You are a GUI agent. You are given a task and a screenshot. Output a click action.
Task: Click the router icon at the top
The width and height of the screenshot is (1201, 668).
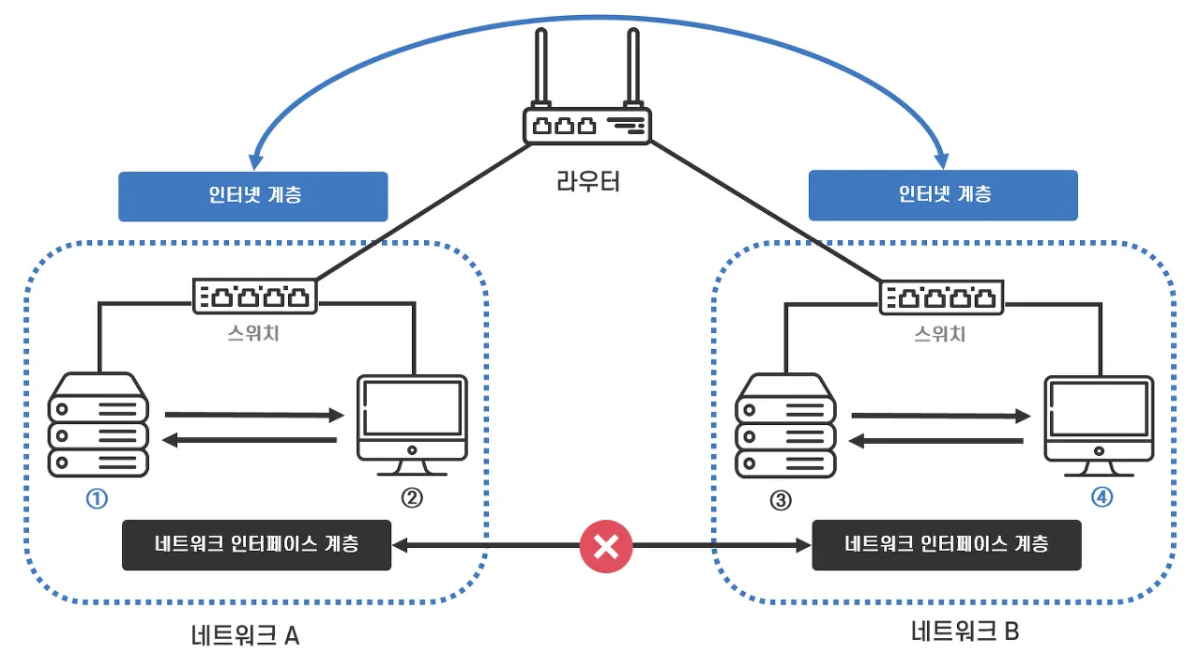coord(587,125)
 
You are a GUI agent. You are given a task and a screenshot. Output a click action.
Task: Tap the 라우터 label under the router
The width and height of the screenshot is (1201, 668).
coord(588,181)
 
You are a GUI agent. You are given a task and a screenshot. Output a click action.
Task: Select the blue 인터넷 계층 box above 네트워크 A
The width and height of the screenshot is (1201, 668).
coord(253,196)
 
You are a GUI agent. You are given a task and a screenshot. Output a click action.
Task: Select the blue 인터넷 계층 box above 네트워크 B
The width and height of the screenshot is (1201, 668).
coord(943,196)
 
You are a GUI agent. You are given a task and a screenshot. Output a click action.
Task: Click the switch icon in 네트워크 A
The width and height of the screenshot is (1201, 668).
coord(255,296)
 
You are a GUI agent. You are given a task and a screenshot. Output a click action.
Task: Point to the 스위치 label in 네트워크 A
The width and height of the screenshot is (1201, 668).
coord(253,333)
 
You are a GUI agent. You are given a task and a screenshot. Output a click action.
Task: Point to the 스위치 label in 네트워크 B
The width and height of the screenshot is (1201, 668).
coord(940,333)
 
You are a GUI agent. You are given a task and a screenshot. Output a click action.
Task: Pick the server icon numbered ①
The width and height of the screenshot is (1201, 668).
coord(99,424)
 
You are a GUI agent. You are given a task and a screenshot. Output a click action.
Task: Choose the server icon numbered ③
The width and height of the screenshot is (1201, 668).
coord(785,424)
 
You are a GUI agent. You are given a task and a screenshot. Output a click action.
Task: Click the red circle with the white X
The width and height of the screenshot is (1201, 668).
coord(606,545)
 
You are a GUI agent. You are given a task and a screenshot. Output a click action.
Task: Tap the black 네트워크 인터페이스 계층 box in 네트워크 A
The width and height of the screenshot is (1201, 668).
coord(257,545)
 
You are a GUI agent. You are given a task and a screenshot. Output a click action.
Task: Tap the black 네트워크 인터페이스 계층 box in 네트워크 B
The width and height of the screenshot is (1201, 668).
coord(946,545)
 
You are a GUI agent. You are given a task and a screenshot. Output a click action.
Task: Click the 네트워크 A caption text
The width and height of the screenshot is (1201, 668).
coord(244,636)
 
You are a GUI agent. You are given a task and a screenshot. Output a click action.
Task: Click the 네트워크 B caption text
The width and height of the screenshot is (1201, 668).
coord(965,632)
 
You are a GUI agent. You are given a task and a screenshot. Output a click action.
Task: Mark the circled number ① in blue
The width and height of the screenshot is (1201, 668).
coord(97,499)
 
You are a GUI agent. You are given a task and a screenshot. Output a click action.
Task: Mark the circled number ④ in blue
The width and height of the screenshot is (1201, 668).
coord(1102,498)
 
